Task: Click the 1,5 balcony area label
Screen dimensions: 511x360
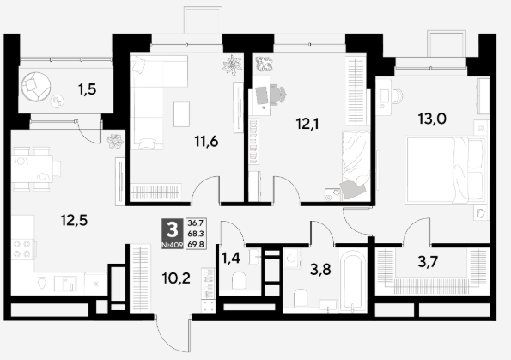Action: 88,89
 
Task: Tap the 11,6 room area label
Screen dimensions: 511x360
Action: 206,142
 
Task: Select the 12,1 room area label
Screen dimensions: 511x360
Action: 307,124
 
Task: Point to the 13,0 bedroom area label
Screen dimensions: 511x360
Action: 432,119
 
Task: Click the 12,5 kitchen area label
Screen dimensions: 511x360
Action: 74,221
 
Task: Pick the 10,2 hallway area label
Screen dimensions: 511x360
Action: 176,278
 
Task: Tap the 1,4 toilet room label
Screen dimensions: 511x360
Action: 231,259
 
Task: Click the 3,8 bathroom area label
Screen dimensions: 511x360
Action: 320,270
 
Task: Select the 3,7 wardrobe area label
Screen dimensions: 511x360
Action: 428,262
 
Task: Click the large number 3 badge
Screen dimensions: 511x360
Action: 173,230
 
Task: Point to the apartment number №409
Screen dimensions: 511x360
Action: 173,245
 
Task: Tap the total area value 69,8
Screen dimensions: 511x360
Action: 196,244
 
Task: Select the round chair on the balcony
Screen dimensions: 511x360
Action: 36,87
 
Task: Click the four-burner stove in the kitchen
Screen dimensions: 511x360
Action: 22,249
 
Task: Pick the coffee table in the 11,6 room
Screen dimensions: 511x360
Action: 181,114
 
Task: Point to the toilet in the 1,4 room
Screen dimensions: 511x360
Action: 240,282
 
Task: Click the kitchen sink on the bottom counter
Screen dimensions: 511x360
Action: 66,284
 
